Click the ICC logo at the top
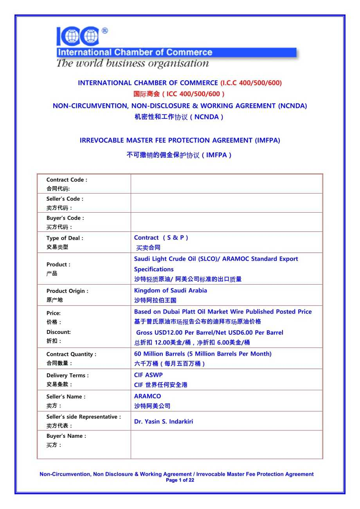pyautogui.click(x=78, y=36)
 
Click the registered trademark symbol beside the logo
pyautogui.click(x=104, y=30)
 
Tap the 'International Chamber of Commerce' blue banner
pyautogui.click(x=176, y=52)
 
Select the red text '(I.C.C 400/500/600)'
pyautogui.click(x=251, y=83)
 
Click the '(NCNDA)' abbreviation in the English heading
pyautogui.click(x=292, y=106)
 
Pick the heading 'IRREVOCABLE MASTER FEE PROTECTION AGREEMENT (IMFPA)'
pyautogui.click(x=180, y=140)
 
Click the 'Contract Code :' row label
pyautogui.click(x=67, y=180)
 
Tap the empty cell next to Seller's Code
pyautogui.click(x=226, y=203)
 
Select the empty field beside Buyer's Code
pyautogui.click(x=226, y=222)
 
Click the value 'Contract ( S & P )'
pyautogui.click(x=161, y=238)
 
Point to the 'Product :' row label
pyautogui.click(x=58, y=265)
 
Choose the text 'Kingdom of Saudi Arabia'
pyautogui.click(x=171, y=290)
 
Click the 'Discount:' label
pyautogui.click(x=58, y=332)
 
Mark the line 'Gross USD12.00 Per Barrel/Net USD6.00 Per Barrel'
pyautogui.click(x=209, y=333)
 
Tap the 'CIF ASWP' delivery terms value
pyautogui.click(x=148, y=375)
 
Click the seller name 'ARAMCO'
pyautogui.click(x=148, y=396)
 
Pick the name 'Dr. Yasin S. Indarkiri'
pyautogui.click(x=164, y=421)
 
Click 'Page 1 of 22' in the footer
pyautogui.click(x=180, y=480)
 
